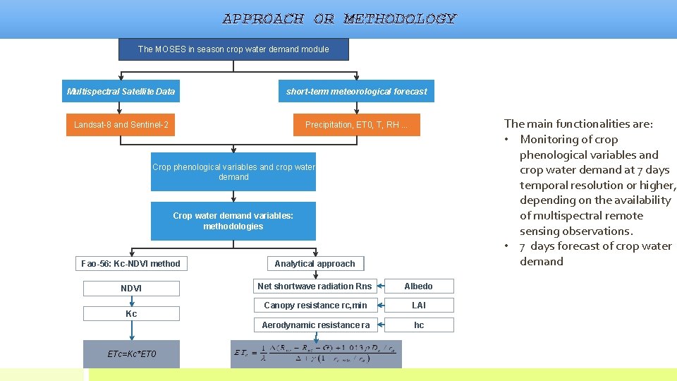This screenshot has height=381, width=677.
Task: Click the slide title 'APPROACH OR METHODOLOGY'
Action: coord(339,19)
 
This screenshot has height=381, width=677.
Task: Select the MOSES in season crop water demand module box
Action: coord(233,49)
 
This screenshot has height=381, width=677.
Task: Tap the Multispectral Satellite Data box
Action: coord(121,91)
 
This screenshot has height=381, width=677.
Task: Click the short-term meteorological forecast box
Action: coord(356,91)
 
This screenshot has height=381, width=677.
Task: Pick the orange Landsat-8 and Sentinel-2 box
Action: coord(121,125)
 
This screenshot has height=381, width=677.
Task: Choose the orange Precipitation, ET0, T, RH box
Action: coord(356,125)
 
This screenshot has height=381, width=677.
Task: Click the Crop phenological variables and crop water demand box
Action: coord(233,172)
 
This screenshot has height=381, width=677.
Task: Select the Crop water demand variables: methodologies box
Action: coord(233,222)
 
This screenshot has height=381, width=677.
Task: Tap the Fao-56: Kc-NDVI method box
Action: coord(130,264)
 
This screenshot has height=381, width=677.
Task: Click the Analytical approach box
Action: coord(315,264)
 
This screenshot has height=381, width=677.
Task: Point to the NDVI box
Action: coord(131,288)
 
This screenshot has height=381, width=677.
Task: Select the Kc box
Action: coord(131,313)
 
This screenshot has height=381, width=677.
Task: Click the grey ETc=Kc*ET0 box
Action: coord(131,354)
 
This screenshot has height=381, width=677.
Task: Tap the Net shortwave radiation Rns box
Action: coord(315,286)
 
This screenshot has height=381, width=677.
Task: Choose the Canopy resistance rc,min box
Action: coord(315,306)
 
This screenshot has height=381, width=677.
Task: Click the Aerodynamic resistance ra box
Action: coord(315,325)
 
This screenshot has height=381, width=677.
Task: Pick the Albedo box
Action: coord(419,286)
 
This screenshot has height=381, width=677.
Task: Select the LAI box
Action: coord(419,306)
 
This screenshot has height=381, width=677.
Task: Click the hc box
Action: coord(419,325)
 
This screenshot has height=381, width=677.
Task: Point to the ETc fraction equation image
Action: coord(316,354)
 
